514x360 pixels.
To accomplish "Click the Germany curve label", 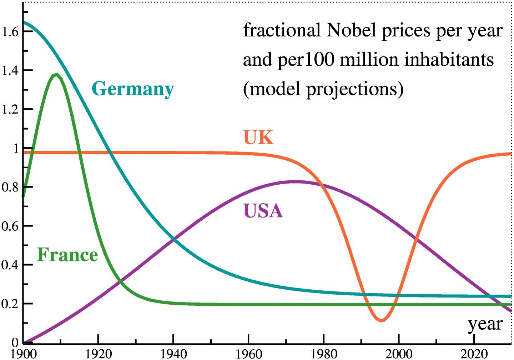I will click(x=133, y=89).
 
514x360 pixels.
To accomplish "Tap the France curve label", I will click(x=67, y=255).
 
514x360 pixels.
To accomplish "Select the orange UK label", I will click(x=258, y=137).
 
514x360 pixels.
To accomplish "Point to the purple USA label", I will click(x=263, y=211).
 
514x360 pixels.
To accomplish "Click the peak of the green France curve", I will click(x=56, y=74).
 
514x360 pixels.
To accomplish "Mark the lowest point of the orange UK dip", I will click(x=381, y=320).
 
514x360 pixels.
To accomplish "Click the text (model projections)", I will click(x=323, y=88).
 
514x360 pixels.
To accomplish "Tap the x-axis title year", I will click(x=485, y=324).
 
